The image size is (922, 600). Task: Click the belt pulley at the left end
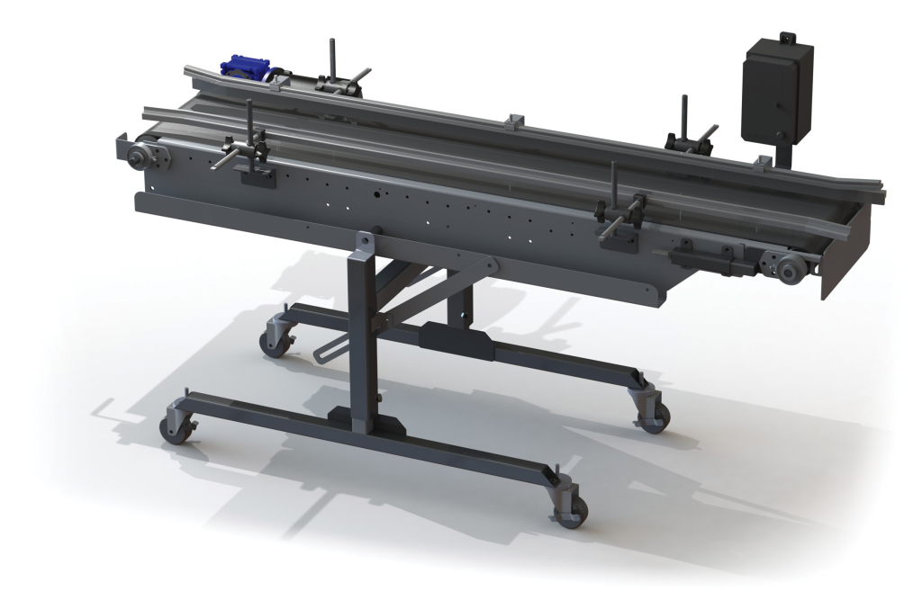pos(140,157)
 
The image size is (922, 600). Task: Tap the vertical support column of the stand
pos(364,342)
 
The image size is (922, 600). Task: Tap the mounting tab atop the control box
pos(788,39)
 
